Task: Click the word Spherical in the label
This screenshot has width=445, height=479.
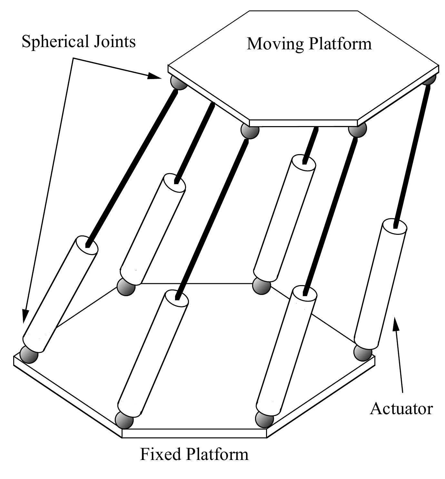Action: [x=55, y=42]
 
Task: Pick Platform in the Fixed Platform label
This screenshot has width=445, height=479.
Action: [x=217, y=454]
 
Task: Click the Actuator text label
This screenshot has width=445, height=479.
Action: [x=401, y=408]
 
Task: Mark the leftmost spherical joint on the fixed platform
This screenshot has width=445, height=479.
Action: [x=29, y=354]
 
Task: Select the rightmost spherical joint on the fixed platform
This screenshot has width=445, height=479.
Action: [x=362, y=352]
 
